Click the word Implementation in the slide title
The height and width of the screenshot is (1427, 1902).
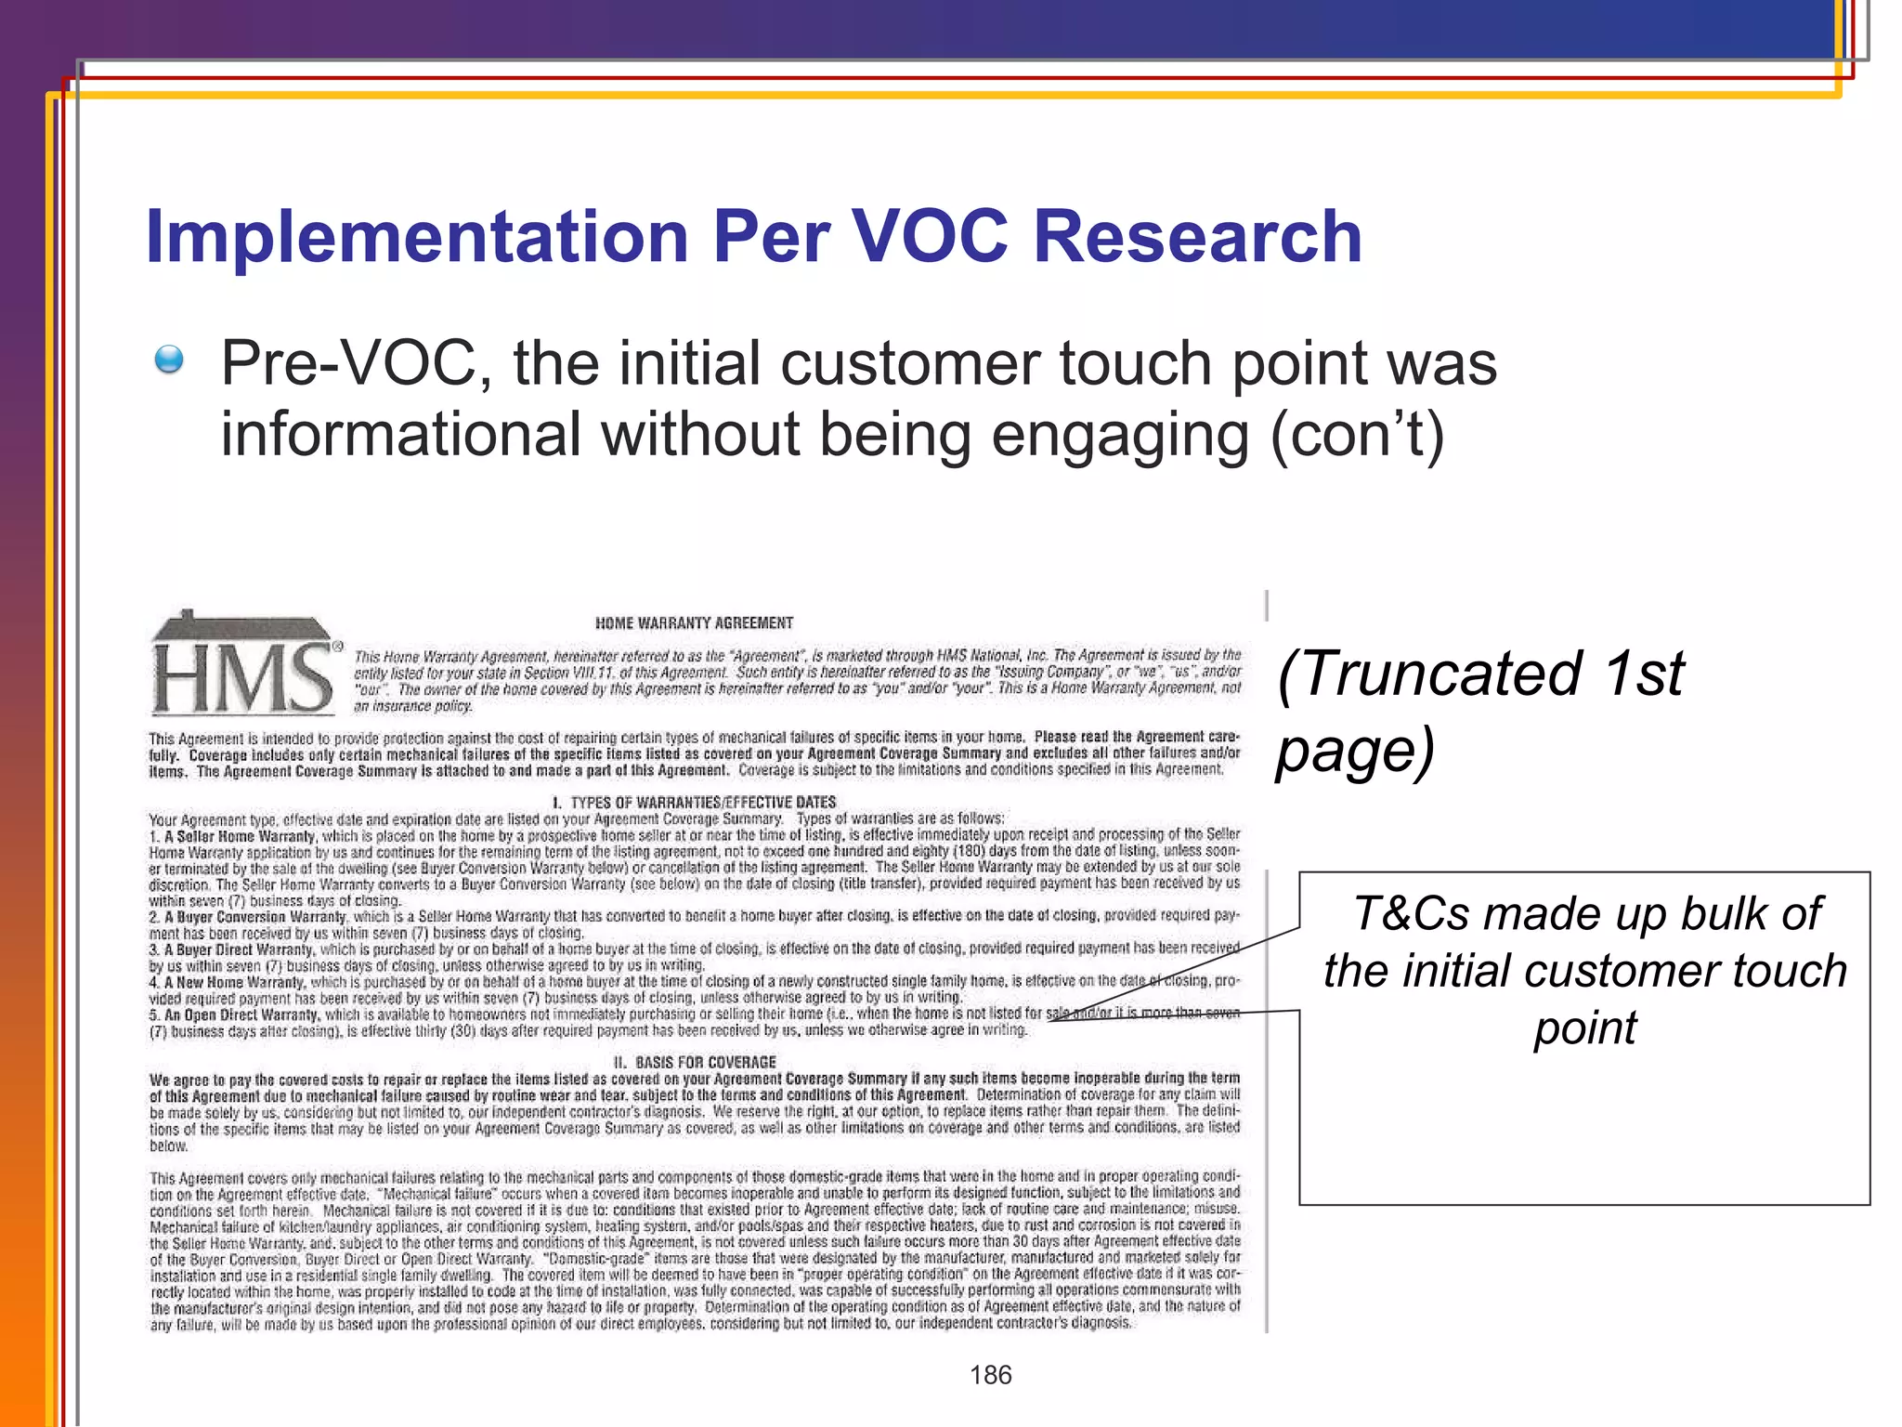point(417,237)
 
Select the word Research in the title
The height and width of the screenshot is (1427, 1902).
point(1197,237)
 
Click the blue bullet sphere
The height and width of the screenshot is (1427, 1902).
point(169,359)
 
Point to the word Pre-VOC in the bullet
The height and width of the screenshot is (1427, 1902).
point(356,363)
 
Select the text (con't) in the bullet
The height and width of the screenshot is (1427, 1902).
point(1357,435)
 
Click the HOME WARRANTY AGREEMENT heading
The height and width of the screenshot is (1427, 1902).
point(694,622)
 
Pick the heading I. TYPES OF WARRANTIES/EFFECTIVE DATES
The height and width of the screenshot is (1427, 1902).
point(694,802)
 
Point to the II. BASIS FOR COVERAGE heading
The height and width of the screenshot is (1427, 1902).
point(694,1062)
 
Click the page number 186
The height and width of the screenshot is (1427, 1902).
point(990,1375)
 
